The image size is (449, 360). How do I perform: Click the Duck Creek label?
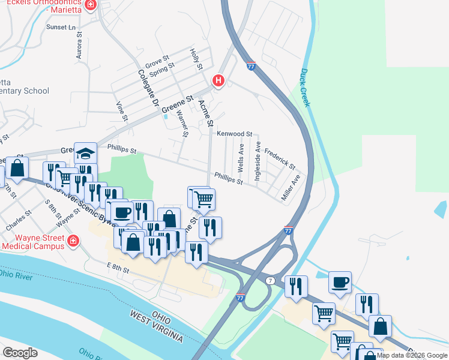pos(304,88)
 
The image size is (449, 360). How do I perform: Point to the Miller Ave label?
pos(291,188)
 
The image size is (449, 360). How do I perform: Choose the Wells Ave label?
pos(241,158)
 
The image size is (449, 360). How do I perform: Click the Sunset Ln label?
pos(62,28)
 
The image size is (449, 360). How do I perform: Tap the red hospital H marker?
pos(218,80)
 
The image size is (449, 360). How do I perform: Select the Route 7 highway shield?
pos(271,280)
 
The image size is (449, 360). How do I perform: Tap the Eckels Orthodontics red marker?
pos(90,5)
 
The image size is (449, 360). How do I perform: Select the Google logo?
pos(20,353)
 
